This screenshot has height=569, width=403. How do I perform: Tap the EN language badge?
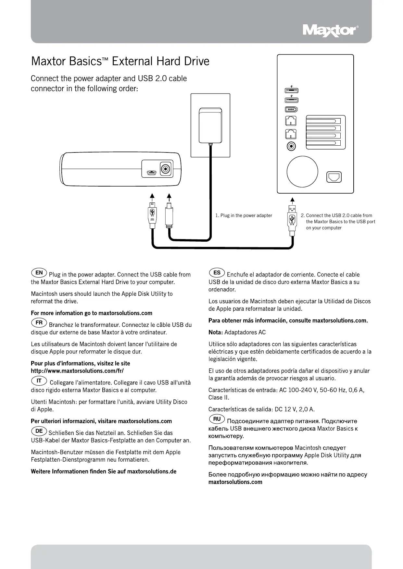39,272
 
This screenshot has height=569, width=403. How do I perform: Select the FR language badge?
39,323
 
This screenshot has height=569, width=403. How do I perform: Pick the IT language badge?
39,381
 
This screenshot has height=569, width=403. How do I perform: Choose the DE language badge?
39,431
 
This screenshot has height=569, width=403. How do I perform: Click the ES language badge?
217,272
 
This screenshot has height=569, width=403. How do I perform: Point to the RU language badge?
217,419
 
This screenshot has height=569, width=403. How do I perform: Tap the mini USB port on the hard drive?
151,173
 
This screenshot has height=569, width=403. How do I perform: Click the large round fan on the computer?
302,172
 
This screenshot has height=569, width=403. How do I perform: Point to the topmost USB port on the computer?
291,91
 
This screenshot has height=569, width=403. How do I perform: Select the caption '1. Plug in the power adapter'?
244,215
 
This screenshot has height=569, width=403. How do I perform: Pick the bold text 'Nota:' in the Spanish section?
216,332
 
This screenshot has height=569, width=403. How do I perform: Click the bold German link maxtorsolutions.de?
152,471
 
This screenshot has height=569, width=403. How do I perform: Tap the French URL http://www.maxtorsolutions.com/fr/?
77,370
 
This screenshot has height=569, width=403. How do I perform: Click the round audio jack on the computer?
292,146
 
